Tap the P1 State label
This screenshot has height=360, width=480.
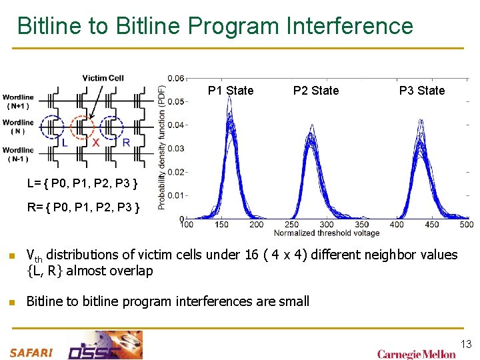tap(231, 91)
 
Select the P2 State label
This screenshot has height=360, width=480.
tap(316, 91)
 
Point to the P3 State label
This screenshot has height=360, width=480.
tap(421, 91)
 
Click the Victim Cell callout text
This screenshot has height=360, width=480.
tap(103, 78)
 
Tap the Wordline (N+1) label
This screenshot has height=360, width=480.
tap(18, 101)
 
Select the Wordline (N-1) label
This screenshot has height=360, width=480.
tap(18, 154)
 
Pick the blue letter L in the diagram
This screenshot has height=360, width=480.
tap(64, 143)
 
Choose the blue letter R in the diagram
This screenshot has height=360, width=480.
tap(125, 143)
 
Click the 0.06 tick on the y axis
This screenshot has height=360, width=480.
tap(176, 78)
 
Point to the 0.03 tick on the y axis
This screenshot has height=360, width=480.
tap(176, 149)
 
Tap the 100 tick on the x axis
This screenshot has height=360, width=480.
tap(187, 225)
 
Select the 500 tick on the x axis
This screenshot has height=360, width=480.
tap(466, 225)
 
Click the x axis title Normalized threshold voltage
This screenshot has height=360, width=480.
tap(327, 233)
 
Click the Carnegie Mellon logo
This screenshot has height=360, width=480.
tap(416, 353)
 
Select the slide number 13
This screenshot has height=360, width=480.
tap(465, 344)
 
